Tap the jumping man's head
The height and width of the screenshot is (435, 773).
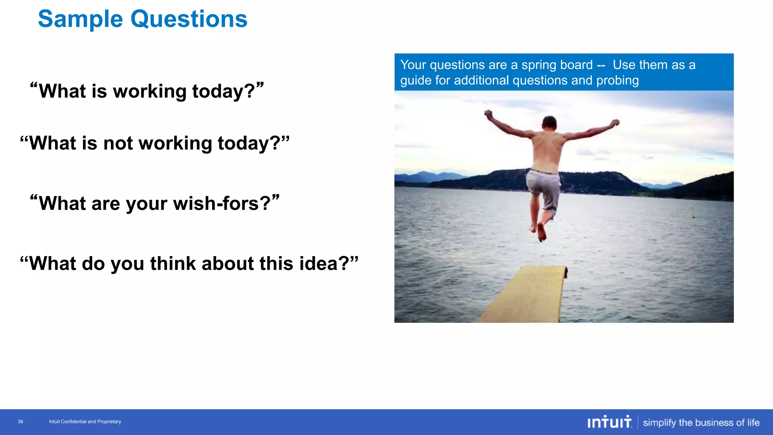[549, 123]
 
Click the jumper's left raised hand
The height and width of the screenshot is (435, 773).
[488, 114]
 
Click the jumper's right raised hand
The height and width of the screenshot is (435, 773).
[615, 123]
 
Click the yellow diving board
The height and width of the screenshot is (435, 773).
[528, 295]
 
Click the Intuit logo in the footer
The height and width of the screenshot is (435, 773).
[609, 422]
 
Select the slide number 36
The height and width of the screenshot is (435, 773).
[20, 421]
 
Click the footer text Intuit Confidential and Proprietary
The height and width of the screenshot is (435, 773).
[85, 421]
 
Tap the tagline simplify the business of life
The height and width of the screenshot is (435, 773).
[701, 422]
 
